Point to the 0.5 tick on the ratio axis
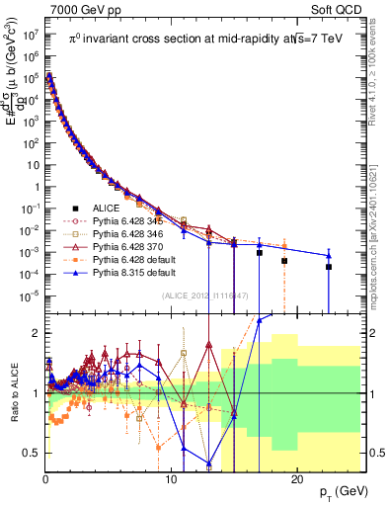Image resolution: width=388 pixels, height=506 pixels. (32, 453)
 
